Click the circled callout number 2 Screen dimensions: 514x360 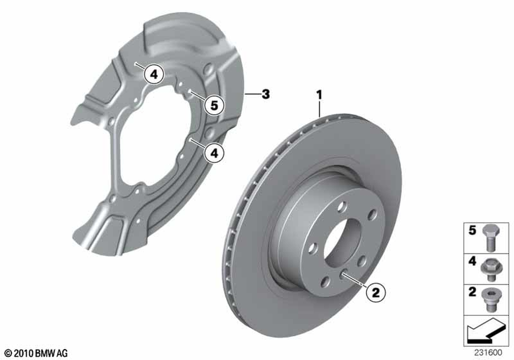click(376, 292)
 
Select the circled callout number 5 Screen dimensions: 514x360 click(214, 105)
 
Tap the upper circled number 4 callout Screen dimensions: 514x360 click(154, 75)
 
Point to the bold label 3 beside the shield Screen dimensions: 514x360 click(266, 94)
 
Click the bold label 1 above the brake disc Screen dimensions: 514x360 click(319, 96)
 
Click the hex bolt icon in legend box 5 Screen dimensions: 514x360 click(490, 238)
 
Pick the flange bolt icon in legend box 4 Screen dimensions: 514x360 click(490, 269)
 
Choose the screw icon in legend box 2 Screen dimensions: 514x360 click(490, 300)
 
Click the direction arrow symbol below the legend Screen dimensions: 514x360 click(486, 330)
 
